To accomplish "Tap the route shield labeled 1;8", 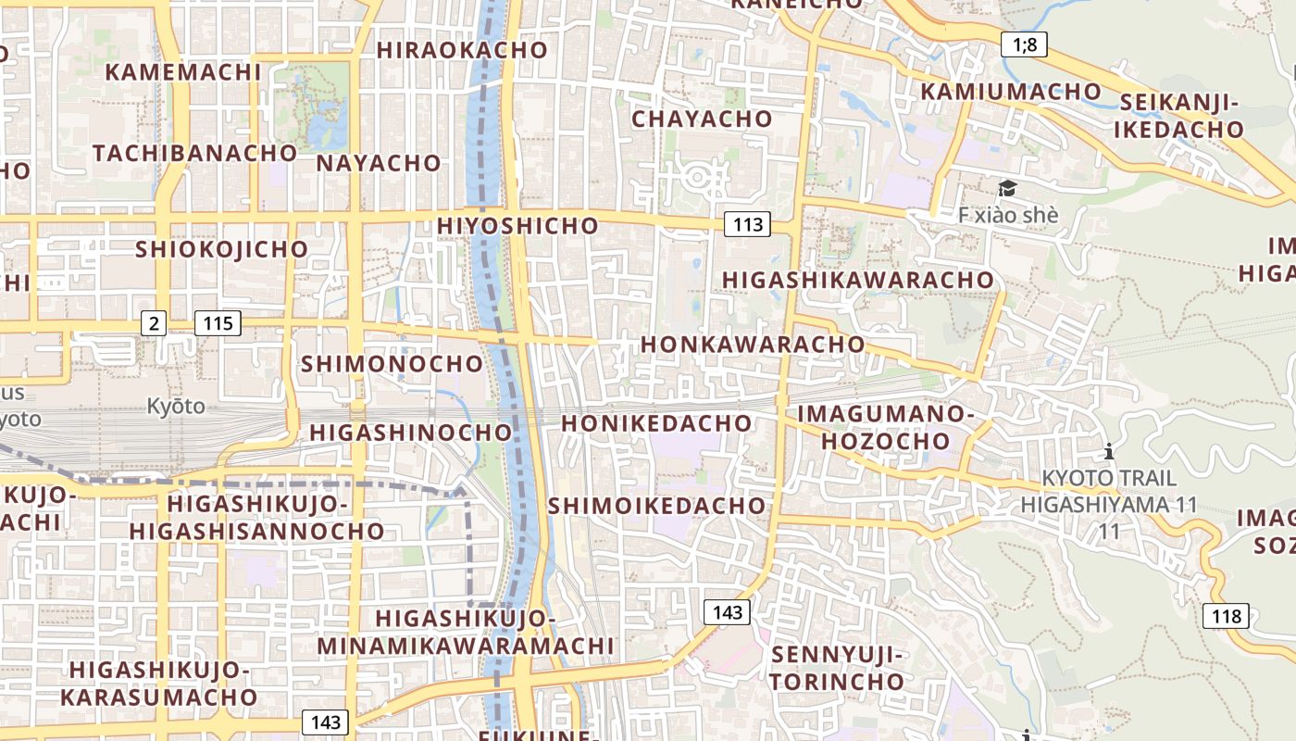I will click(x=1024, y=44).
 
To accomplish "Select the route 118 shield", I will click(x=1226, y=616).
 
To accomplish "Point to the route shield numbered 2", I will click(x=154, y=323).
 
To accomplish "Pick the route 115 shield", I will click(x=218, y=323).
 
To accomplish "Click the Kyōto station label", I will click(x=176, y=406).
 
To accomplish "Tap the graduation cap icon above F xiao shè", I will click(x=1007, y=189).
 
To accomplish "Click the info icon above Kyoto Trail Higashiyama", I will click(x=1109, y=452).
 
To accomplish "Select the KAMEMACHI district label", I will click(x=183, y=72).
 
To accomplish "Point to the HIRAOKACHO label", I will click(x=462, y=50).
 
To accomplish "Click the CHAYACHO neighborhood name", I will click(x=702, y=119).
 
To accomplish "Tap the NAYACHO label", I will click(x=379, y=163).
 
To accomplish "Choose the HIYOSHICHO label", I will click(x=517, y=225).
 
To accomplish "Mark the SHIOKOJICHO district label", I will click(x=221, y=249).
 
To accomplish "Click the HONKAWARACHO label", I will click(x=753, y=344).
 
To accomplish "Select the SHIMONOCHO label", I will click(x=392, y=364).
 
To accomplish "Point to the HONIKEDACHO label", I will click(x=656, y=423).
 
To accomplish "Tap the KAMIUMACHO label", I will click(x=1011, y=91).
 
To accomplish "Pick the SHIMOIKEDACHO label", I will click(x=657, y=506).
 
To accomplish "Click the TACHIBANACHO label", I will click(x=194, y=153).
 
